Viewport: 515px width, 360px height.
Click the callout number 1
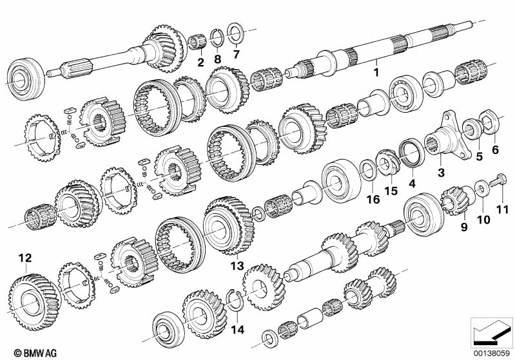pos(376,73)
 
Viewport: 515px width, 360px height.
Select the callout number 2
pos(200,62)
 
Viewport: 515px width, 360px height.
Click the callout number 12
pos(24,258)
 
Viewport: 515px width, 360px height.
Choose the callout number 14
pos(238,330)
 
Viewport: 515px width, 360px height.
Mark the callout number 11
pos(501,209)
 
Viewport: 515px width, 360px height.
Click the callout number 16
pos(370,200)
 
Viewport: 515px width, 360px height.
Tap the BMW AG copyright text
pos(24,353)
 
